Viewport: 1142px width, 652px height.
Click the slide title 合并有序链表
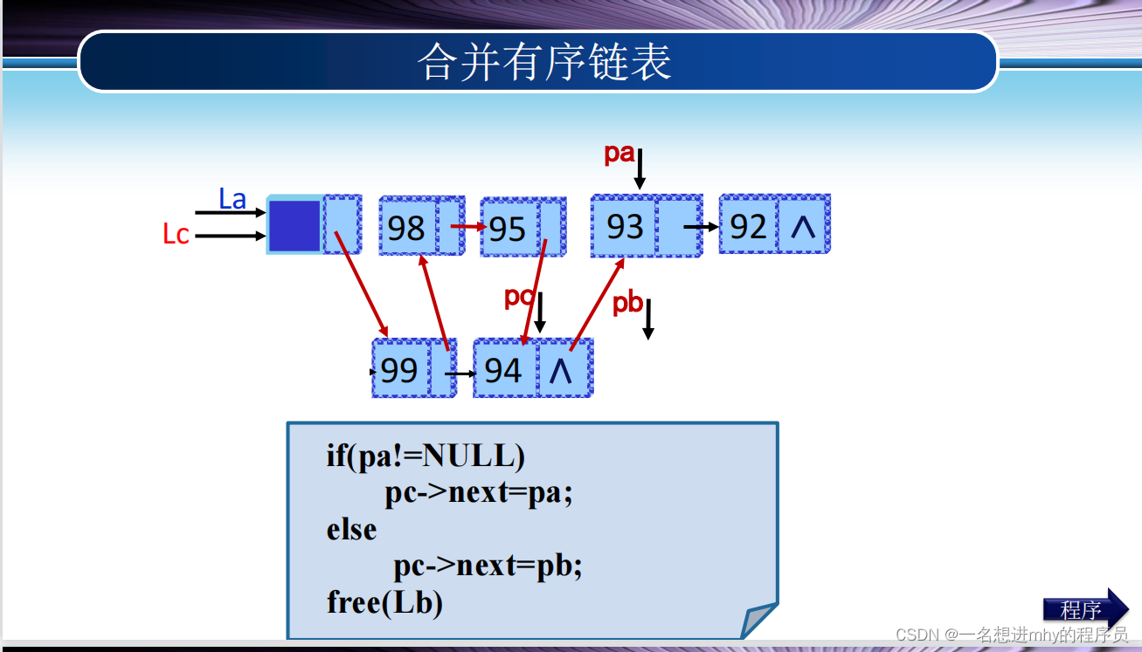tap(544, 62)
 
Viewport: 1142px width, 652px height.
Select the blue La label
tap(232, 199)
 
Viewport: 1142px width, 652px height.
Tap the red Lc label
tap(176, 234)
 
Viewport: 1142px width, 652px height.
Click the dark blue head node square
tap(294, 225)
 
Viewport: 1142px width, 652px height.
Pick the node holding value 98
tap(407, 228)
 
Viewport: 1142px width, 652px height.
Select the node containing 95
tap(509, 229)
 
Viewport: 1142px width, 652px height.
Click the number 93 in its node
tap(625, 227)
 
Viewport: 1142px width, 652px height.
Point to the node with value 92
tap(748, 227)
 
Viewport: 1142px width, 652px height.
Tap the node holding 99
tap(400, 370)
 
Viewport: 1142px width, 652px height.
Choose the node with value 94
tap(503, 370)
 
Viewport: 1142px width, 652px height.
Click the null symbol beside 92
tap(802, 227)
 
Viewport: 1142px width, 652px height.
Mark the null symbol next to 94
tap(561, 371)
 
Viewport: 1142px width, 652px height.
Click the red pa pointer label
tap(619, 154)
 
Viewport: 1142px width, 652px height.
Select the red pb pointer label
tap(626, 304)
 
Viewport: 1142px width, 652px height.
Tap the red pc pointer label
tap(518, 297)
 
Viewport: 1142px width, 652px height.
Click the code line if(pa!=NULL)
tap(426, 456)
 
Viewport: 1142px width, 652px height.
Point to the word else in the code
tap(351, 530)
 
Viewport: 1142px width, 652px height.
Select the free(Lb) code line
tap(384, 602)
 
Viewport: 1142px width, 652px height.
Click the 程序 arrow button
tap(1083, 608)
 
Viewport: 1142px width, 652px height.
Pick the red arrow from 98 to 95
tap(467, 227)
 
